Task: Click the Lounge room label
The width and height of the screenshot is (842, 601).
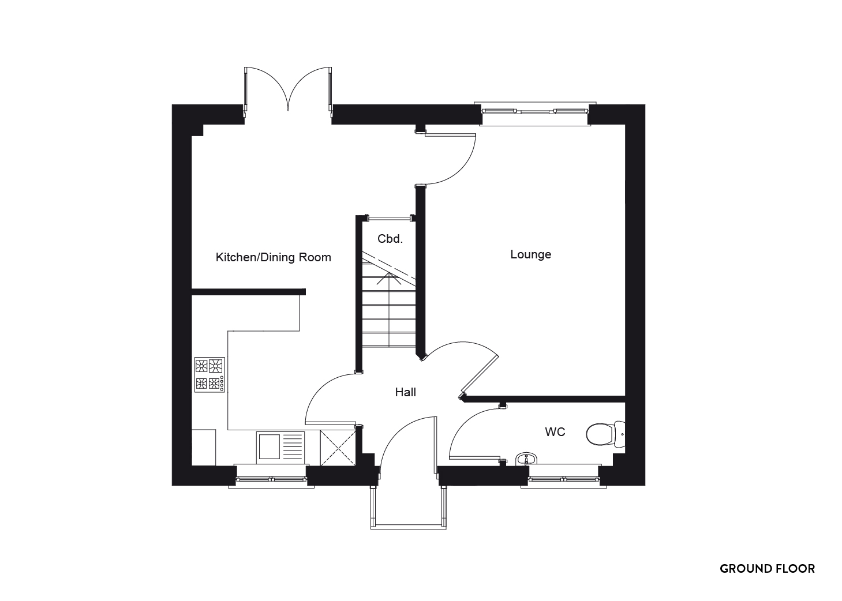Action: tap(530, 255)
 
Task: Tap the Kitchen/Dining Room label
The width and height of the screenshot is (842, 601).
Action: tap(274, 257)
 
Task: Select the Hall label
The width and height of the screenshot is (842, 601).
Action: tap(405, 392)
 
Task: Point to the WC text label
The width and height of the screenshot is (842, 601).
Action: tap(555, 432)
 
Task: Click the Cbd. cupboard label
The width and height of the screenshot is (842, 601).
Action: tap(390, 239)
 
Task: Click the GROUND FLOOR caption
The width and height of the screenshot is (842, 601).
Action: tap(767, 569)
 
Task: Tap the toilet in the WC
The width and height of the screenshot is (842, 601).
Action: tap(605, 434)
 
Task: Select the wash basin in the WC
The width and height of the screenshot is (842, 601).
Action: tap(526, 459)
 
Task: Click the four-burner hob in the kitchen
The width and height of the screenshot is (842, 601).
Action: tap(209, 375)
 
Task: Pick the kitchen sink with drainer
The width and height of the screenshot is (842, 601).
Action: tap(280, 448)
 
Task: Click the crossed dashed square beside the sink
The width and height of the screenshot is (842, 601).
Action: tap(338, 448)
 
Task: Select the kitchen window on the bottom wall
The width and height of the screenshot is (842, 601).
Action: tap(271, 477)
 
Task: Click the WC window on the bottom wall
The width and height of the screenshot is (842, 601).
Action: tap(563, 477)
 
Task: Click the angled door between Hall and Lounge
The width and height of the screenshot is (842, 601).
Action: tap(480, 375)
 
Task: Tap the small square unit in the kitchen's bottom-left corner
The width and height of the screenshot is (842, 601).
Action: tap(203, 448)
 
